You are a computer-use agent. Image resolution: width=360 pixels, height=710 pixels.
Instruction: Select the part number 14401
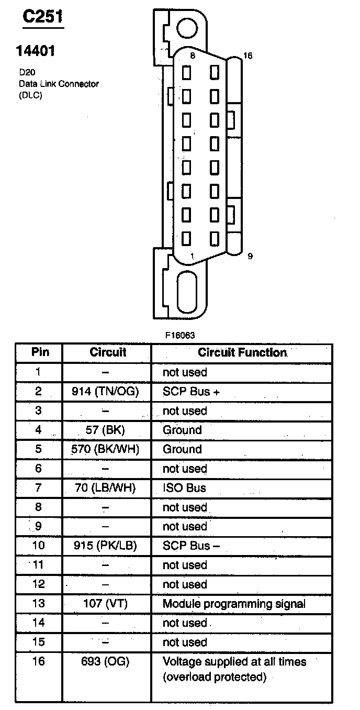tap(36, 51)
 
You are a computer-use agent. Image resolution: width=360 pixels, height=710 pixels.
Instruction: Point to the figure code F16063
tap(180, 335)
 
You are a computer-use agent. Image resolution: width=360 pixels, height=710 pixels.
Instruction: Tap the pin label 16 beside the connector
tap(248, 56)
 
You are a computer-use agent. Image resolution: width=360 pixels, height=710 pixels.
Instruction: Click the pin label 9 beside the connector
tap(250, 256)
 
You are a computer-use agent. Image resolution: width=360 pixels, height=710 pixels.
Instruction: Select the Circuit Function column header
tap(242, 352)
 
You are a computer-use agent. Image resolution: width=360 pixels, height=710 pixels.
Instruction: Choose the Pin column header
tap(40, 352)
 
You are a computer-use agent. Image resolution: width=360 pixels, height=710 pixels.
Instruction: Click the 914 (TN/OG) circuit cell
tap(107, 391)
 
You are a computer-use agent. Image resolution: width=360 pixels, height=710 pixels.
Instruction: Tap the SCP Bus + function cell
tap(186, 391)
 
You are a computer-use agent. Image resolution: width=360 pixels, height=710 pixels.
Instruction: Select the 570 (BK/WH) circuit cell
tap(107, 449)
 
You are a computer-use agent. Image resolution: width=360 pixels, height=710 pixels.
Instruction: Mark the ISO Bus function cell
tap(184, 488)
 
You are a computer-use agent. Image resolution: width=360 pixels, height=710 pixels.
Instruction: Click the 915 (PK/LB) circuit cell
tap(107, 546)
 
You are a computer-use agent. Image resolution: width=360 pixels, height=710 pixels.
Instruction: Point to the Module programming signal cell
tap(234, 604)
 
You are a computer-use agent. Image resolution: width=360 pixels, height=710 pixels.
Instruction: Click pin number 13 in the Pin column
tap(39, 604)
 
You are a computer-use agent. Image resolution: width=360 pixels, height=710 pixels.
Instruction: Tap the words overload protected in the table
tap(215, 677)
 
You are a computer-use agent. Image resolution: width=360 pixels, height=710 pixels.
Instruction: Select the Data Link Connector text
tap(59, 84)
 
